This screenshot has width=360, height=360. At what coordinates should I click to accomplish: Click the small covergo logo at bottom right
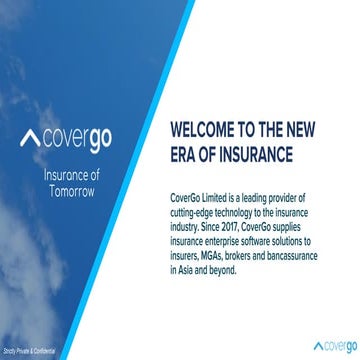326,347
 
